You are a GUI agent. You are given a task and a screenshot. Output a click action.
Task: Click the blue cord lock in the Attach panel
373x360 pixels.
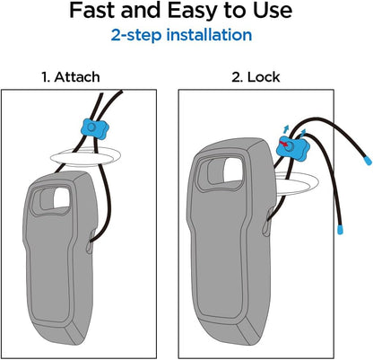(x=91, y=127)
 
